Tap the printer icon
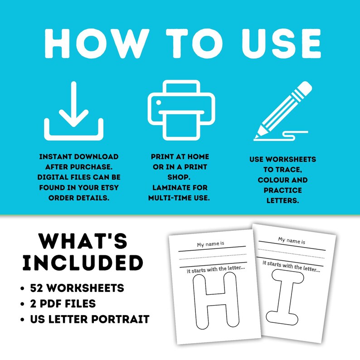pos(180,110)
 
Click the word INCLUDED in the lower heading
pos(83,263)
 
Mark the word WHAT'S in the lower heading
pos(83,241)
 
